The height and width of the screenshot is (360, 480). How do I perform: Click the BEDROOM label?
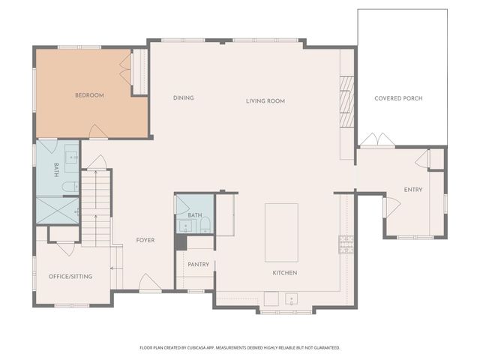(89, 95)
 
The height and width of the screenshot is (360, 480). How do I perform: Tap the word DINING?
(184, 98)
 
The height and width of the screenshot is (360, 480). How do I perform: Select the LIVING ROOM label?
(265, 100)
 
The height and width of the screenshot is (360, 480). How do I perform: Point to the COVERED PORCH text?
(398, 98)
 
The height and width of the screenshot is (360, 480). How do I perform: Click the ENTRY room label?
(413, 190)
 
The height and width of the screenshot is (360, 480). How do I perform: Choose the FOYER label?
(145, 240)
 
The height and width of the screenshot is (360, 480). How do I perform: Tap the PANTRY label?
(199, 264)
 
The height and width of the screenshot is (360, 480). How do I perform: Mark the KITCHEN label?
(285, 272)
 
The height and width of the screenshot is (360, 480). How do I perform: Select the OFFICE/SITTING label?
(70, 277)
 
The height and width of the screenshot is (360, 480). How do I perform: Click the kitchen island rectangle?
(281, 232)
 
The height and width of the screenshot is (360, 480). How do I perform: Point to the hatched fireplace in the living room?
(346, 102)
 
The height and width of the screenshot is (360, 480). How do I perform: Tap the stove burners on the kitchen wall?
(346, 245)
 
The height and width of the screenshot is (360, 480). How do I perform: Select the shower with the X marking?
(57, 210)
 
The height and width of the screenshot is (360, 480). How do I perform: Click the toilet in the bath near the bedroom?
(67, 187)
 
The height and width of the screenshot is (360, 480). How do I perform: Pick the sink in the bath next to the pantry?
(185, 226)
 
